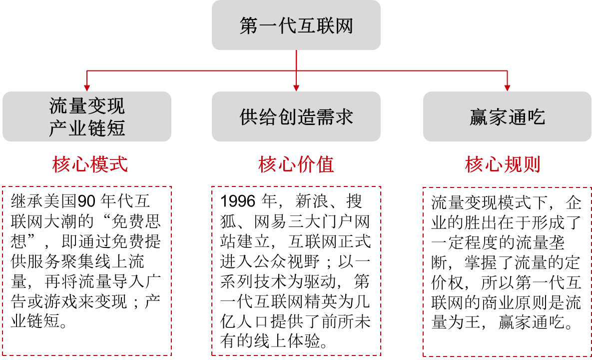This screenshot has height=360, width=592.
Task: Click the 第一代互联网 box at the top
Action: pyautogui.click(x=296, y=25)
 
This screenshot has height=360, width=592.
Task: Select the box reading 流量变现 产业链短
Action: pyautogui.click(x=87, y=116)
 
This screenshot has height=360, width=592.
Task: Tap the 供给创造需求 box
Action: pyautogui.click(x=296, y=116)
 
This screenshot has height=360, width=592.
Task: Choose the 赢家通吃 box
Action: pyautogui.click(x=507, y=116)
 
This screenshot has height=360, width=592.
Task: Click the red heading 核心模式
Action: pyautogui.click(x=90, y=164)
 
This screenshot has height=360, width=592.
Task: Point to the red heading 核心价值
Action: pyautogui.click(x=296, y=164)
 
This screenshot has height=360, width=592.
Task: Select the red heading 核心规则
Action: pyautogui.click(x=503, y=164)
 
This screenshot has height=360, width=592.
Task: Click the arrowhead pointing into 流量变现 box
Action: pyautogui.click(x=87, y=88)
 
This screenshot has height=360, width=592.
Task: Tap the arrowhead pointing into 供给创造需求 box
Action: pyautogui.click(x=296, y=88)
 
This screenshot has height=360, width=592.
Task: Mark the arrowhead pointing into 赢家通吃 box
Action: pyautogui.click(x=507, y=88)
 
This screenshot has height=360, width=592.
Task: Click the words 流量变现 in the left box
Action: pyautogui.click(x=87, y=106)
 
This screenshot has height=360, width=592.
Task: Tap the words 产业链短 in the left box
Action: pyautogui.click(x=87, y=128)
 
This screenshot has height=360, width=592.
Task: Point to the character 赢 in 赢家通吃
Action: pyautogui.click(x=479, y=117)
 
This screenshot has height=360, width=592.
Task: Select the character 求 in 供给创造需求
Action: pyautogui.click(x=344, y=117)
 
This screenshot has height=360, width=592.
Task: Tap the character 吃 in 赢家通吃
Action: pyautogui.click(x=536, y=117)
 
